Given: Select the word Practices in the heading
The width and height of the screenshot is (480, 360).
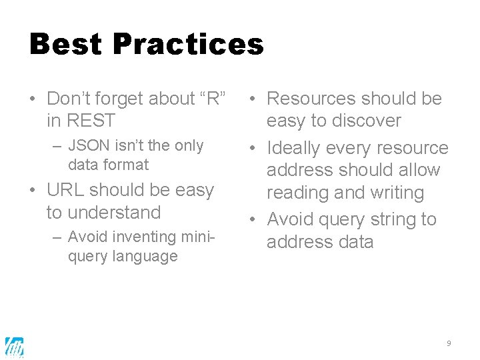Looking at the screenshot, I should point(189,45).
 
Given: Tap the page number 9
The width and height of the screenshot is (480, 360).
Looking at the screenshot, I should point(449,343).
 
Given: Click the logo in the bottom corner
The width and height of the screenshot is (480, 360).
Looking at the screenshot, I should point(15,347).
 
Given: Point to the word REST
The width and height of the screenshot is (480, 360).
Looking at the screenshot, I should point(90,121).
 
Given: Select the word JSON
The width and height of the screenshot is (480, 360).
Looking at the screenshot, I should point(88,145).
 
